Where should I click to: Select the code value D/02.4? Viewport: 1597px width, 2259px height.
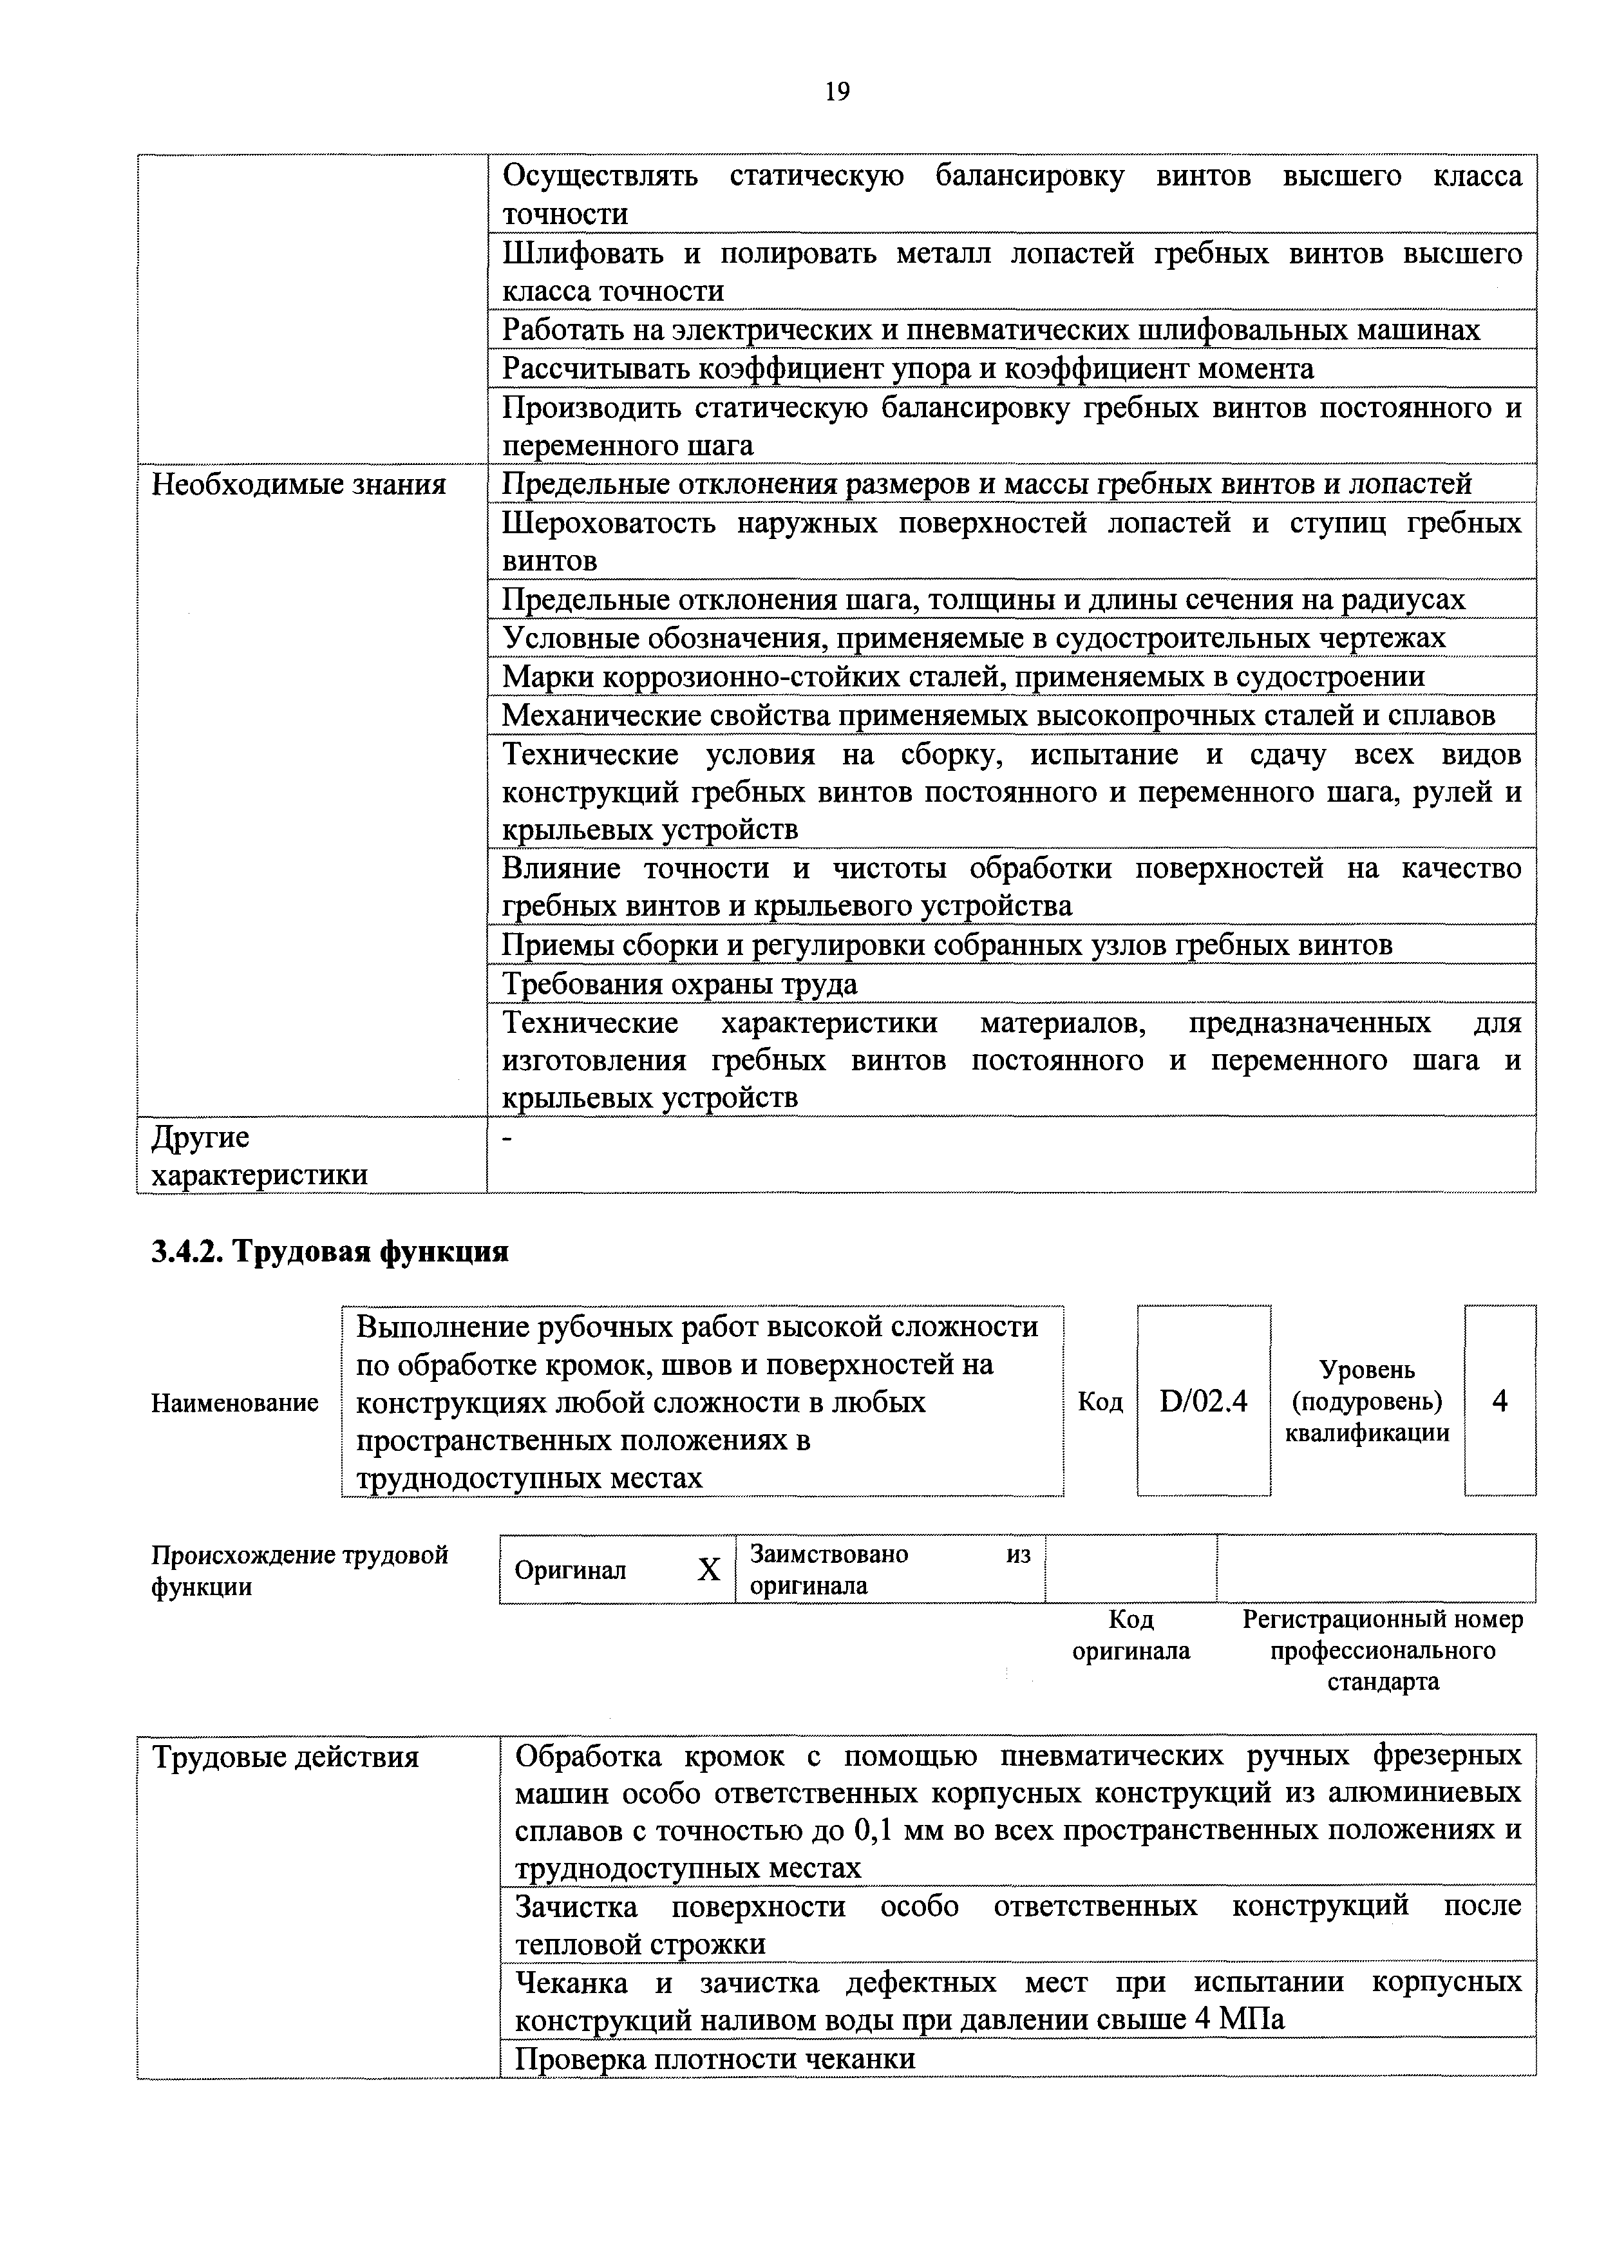[1204, 1401]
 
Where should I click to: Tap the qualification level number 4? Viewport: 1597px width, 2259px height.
[1500, 1401]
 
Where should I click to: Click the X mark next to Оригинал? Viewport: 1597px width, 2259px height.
[708, 1570]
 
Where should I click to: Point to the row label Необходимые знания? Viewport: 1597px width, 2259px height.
[298, 484]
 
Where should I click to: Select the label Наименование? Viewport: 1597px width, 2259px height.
[234, 1403]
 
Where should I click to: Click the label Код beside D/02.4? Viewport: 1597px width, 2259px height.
[1100, 1402]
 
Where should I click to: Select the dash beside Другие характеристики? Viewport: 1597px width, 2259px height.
[507, 1139]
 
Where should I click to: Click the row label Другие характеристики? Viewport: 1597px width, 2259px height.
[260, 1155]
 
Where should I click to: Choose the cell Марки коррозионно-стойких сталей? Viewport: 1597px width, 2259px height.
[962, 677]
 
